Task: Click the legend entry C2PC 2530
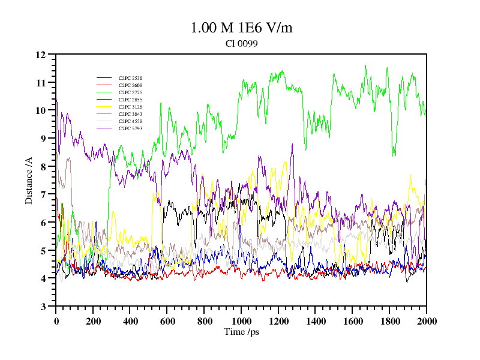[x=130, y=78]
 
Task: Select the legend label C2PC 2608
[x=130, y=85]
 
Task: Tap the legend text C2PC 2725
[x=130, y=92]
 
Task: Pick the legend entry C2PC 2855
[x=130, y=100]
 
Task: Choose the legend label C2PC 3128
[x=130, y=107]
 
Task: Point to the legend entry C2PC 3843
[x=130, y=114]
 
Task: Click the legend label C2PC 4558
[x=130, y=121]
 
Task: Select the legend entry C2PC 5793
[x=130, y=128]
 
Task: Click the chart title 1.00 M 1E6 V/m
[x=241, y=28]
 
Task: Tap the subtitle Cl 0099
[x=241, y=43]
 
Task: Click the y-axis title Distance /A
[x=29, y=180]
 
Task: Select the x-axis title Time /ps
[x=241, y=332]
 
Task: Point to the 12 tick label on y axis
[x=41, y=55]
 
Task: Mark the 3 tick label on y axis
[x=43, y=307]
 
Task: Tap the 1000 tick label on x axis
[x=241, y=321]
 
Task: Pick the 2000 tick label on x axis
[x=426, y=321]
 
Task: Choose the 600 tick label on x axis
[x=167, y=321]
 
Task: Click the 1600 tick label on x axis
[x=352, y=321]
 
